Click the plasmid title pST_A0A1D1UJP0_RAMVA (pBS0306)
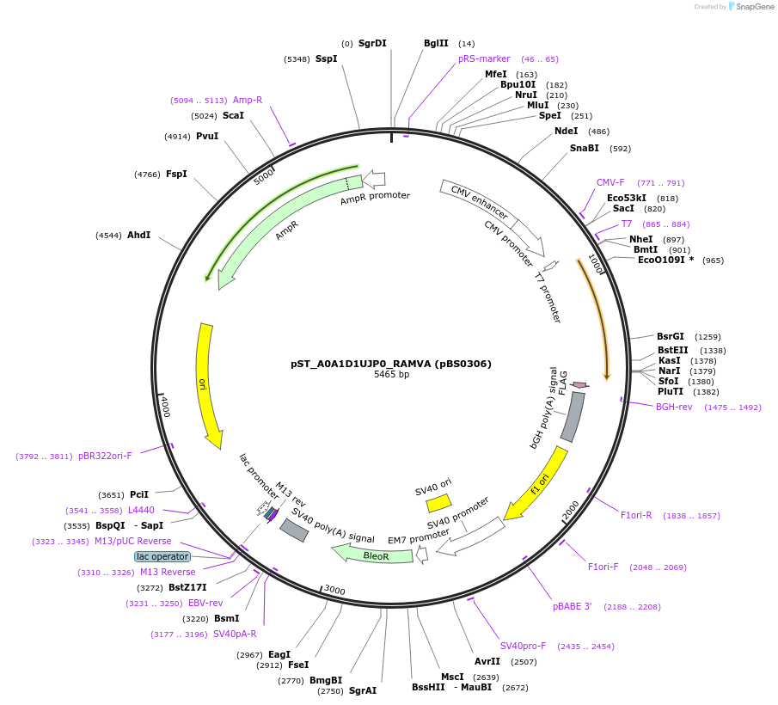391,364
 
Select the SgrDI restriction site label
372,43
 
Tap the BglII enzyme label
436,43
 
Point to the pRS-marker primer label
484,58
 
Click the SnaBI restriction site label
584,148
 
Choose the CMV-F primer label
610,182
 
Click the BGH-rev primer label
674,407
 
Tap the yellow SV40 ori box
438,503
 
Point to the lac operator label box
162,556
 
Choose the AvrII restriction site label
487,661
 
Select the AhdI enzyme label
138,235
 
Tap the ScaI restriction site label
233,115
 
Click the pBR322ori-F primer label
105,456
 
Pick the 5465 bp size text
391,375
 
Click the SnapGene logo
750,7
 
